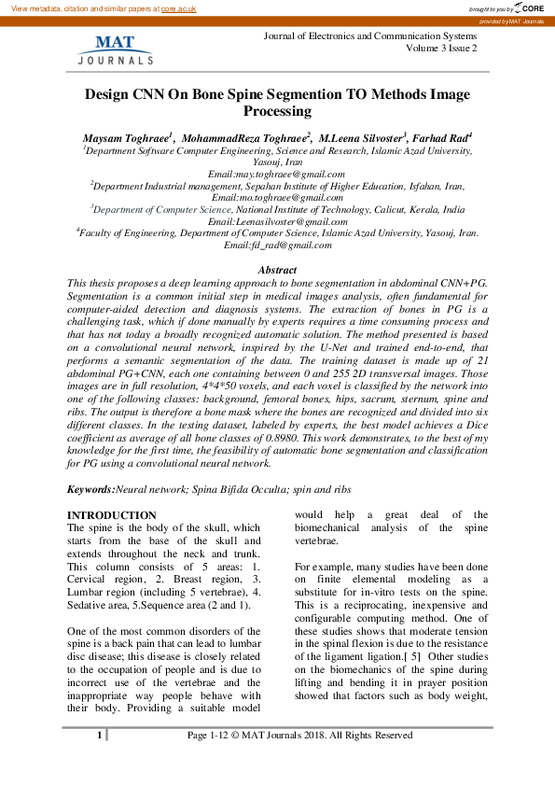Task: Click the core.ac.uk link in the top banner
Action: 180,7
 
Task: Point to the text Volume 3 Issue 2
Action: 441,48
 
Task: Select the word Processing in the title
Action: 277,111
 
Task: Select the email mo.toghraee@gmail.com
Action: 280,198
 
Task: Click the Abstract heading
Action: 277,270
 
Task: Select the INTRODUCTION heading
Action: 112,515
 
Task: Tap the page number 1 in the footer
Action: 99,736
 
